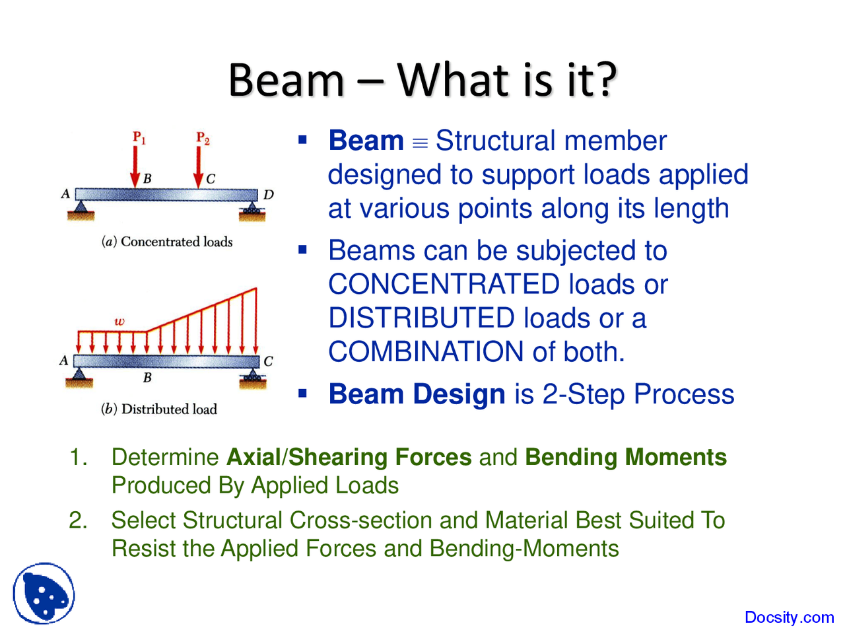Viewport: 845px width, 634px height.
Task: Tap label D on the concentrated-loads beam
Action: [268, 195]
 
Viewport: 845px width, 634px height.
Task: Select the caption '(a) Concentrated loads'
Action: [167, 242]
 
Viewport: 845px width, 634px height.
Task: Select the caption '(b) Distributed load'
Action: [159, 409]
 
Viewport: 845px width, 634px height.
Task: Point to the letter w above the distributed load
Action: [119, 322]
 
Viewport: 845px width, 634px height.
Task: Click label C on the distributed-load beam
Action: [268, 361]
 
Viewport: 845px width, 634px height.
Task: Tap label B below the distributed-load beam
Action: [147, 378]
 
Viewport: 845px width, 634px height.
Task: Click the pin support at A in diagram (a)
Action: [81, 210]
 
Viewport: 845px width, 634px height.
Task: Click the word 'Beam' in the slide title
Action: [287, 80]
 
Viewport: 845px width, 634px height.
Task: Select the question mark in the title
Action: [603, 80]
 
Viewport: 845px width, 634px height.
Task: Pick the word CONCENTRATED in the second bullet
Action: [444, 285]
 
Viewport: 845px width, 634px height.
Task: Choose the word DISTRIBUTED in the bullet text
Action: [422, 318]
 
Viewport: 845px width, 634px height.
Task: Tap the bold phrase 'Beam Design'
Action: [417, 394]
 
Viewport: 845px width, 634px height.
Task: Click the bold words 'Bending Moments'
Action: [626, 457]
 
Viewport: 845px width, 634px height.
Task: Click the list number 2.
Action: [77, 520]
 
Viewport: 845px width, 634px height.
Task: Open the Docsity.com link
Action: [789, 617]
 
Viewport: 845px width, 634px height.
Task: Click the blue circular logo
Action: [44, 594]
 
